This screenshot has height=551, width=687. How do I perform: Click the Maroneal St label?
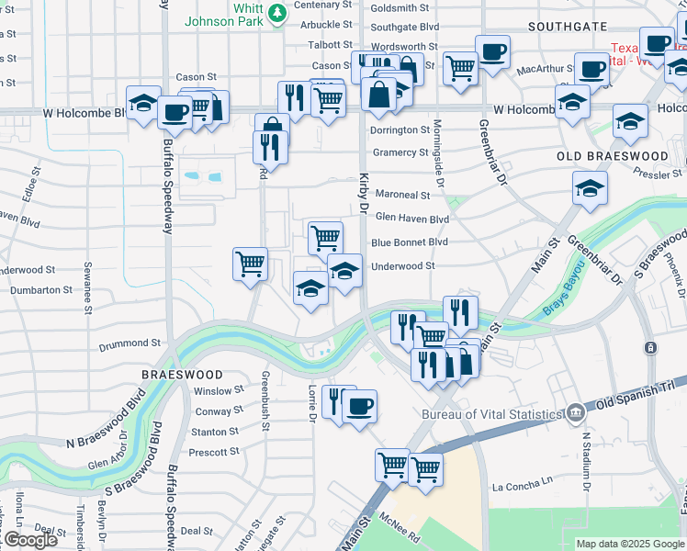(x=401, y=196)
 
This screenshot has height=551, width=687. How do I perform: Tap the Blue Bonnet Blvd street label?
(x=409, y=242)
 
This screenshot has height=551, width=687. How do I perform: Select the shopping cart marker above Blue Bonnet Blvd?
(x=325, y=238)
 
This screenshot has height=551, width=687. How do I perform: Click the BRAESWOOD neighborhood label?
(x=182, y=375)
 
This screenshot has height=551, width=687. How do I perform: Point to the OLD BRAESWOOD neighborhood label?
(x=613, y=157)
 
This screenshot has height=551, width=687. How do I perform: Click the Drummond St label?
(x=130, y=343)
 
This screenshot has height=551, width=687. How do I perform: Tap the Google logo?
(x=29, y=540)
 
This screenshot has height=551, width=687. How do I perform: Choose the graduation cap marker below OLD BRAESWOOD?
(x=590, y=189)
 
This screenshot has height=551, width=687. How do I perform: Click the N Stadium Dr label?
(x=585, y=468)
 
